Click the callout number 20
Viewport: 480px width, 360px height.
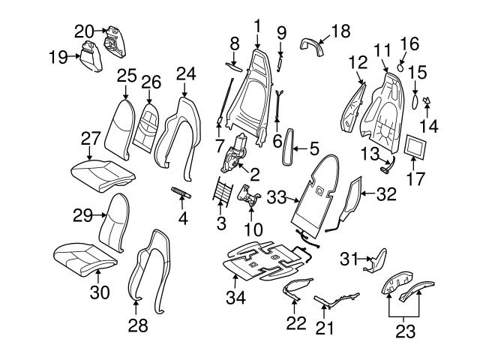pos(84,31)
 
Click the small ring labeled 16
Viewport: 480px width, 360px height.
pos(401,66)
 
